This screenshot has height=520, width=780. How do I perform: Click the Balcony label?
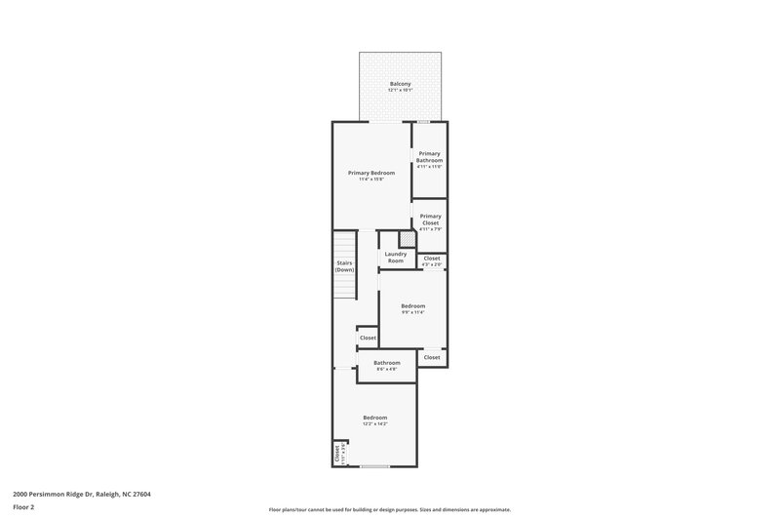400,84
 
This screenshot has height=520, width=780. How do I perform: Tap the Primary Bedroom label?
371,173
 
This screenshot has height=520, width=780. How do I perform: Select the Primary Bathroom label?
430,156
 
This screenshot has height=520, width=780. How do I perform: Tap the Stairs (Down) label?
344,266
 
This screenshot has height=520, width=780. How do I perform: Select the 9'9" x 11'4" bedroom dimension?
413,312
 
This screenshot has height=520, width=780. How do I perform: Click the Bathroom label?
387,362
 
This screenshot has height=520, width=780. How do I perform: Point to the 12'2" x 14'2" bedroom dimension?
375,423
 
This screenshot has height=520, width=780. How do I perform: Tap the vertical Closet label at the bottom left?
337,454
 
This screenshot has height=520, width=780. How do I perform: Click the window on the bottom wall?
375,466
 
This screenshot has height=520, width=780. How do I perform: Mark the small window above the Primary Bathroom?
423,122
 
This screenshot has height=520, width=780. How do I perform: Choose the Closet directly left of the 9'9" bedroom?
368,338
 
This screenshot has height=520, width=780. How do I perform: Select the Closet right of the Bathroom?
432,357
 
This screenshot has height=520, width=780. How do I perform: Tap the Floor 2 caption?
23,507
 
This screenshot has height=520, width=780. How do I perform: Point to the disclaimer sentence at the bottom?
389,509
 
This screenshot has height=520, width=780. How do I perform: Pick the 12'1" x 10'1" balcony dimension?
400,91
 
